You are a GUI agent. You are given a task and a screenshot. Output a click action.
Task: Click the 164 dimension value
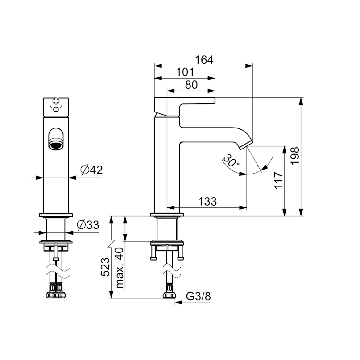(204, 60)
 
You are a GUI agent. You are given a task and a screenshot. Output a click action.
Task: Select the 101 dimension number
(185, 72)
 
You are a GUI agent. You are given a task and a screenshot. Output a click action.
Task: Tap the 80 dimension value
(191, 85)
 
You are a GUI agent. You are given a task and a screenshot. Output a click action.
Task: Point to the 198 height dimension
(295, 156)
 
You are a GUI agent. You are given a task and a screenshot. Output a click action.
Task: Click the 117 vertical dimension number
(278, 180)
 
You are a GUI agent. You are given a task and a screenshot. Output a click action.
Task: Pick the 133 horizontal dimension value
(207, 202)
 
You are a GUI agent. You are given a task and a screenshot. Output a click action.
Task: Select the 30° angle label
(231, 161)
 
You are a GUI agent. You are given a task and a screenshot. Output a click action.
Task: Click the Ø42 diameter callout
(91, 170)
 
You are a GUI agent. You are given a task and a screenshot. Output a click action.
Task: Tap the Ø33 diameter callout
(88, 225)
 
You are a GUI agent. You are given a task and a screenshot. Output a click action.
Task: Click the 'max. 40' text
(120, 268)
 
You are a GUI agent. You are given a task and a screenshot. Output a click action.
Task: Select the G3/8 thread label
(198, 296)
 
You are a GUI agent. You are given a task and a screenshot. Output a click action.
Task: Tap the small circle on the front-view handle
(55, 101)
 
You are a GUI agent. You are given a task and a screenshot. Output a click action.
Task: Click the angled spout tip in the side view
(246, 145)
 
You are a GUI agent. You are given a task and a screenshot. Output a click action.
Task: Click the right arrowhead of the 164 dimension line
(249, 66)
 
